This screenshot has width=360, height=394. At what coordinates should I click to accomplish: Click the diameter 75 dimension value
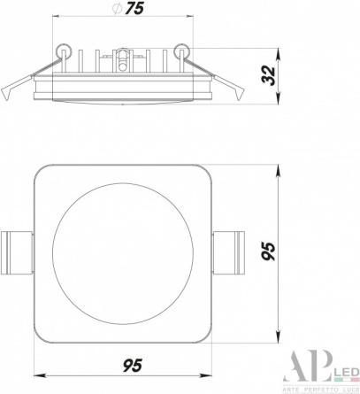click(134, 8)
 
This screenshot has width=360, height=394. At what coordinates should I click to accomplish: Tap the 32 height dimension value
click(269, 76)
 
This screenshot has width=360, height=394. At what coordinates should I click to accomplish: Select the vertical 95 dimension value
click(269, 251)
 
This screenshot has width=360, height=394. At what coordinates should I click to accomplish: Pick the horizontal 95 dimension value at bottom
click(133, 366)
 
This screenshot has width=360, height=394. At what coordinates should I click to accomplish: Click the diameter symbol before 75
click(117, 9)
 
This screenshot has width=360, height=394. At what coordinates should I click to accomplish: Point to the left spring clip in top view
click(17, 253)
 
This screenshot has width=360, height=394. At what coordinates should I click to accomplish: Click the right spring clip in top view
click(228, 253)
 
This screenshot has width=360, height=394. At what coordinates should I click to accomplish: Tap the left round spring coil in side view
click(64, 50)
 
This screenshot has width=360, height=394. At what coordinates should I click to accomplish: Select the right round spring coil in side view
click(181, 50)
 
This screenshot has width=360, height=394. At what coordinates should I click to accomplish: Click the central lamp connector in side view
click(122, 60)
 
